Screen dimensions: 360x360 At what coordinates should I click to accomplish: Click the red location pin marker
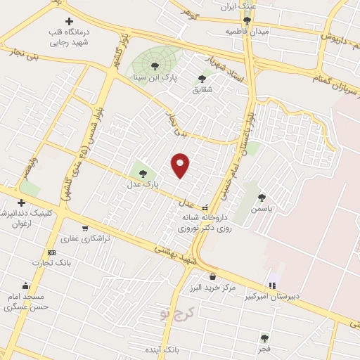[181, 165]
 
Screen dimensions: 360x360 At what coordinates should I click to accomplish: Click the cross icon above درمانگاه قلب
[68, 22]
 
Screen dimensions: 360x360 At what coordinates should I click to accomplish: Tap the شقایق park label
[202, 90]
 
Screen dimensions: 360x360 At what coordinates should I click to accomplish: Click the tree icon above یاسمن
[263, 198]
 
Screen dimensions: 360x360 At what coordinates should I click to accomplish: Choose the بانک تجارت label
[51, 263]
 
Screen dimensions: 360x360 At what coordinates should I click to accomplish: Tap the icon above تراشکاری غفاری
[85, 228]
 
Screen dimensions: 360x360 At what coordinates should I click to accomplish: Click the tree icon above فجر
[264, 338]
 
